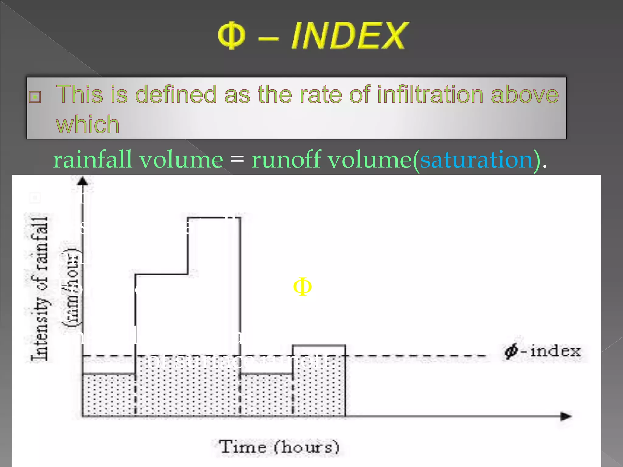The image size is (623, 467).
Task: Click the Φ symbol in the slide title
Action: [232, 35]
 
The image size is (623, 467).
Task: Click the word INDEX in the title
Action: [349, 36]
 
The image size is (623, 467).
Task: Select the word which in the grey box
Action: [88, 124]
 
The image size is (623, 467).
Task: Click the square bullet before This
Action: [35, 97]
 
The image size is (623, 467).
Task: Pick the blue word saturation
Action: [476, 160]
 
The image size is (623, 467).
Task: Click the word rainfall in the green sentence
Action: [92, 160]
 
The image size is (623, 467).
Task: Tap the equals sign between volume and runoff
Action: [237, 160]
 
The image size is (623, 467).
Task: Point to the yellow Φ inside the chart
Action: [302, 286]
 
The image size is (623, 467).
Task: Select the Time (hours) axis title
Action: [279, 447]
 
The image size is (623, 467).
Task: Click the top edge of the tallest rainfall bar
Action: [214, 218]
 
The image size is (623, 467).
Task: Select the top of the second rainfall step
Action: [162, 274]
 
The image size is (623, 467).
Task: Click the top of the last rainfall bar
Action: [319, 345]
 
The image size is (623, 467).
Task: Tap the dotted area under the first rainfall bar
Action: [109, 395]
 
